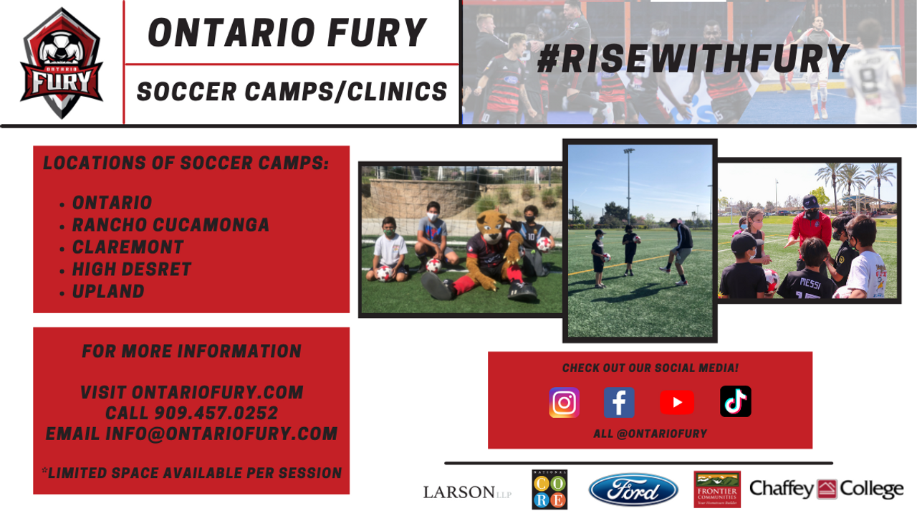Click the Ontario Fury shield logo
coord(62,64)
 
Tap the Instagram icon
coord(564,402)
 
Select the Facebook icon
coord(619,402)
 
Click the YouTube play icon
coord(677,402)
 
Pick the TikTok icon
coord(735,401)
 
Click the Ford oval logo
coord(633,489)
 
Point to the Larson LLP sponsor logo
coord(467,492)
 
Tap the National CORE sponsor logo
coord(549,489)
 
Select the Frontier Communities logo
coord(717,489)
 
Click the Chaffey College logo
coord(826,489)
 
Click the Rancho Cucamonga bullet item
coord(171,225)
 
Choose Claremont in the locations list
coord(128,247)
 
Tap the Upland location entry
coord(108,291)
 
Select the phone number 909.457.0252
coord(216,413)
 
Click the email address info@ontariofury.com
coord(221,434)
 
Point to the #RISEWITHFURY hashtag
coord(693,59)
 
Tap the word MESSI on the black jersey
coord(810,283)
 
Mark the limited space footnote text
coord(191,473)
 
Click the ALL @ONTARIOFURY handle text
coord(650,434)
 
